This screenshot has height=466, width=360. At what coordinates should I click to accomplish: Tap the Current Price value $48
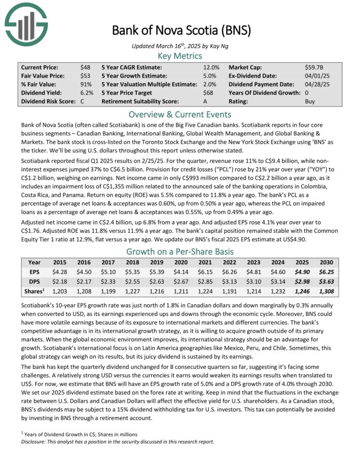pyautogui.click(x=85, y=67)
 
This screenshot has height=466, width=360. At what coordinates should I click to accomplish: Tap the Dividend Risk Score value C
pyautogui.click(x=81, y=101)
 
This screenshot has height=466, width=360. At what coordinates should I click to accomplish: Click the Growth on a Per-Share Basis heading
pyautogui.click(x=179, y=252)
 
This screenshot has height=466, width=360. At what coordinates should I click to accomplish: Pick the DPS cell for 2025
pyautogui.click(x=300, y=280)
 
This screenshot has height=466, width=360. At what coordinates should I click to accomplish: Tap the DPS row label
pyautogui.click(x=34, y=280)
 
